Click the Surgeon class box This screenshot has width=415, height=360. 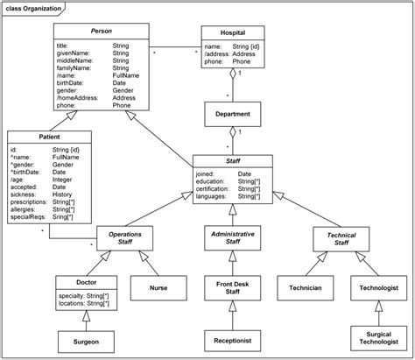[86, 342]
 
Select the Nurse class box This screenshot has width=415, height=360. [158, 288]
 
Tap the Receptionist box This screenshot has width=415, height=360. [233, 341]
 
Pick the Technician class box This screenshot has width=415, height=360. [306, 288]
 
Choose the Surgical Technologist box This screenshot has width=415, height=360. [379, 338]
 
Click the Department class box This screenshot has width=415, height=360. [233, 114]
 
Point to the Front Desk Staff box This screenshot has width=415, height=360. [233, 288]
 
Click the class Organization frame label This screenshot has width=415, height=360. [33, 9]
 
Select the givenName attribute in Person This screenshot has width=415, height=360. [73, 53]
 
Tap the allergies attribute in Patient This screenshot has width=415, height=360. [23, 209]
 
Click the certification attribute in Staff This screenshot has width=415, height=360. [213, 189]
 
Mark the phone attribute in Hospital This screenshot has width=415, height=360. [214, 61]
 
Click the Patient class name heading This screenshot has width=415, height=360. [49, 137]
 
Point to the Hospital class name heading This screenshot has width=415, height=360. [233, 32]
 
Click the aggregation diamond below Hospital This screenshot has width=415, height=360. [233, 74]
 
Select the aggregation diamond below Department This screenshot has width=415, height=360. [233, 132]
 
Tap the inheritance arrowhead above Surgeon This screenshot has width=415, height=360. [86, 316]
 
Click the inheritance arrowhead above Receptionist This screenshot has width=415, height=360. [233, 306]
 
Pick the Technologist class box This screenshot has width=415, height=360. [379, 288]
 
